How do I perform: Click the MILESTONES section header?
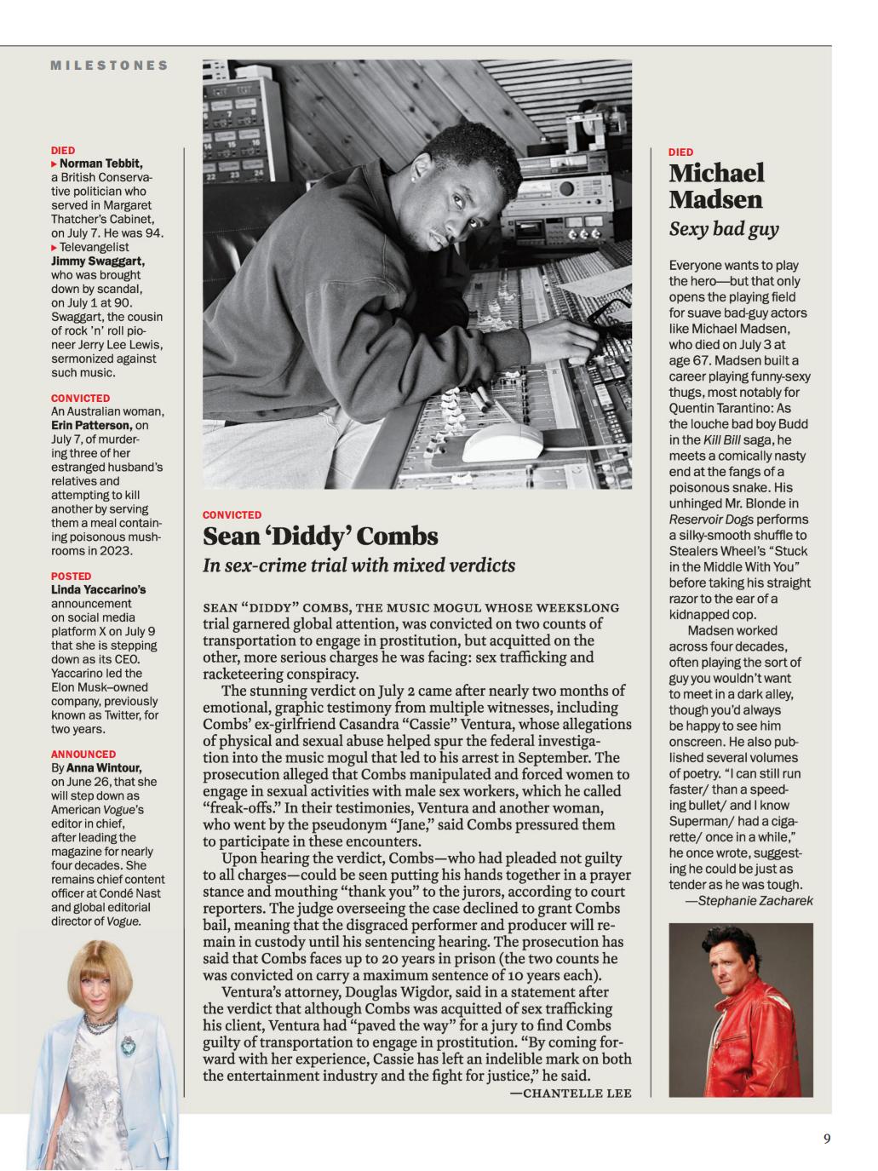click(x=109, y=66)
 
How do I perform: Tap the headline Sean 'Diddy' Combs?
click(x=320, y=537)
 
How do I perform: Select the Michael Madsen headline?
click(x=716, y=186)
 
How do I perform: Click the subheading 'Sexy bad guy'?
click(x=723, y=229)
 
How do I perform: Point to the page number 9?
click(x=826, y=1139)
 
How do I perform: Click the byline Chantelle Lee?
click(x=571, y=1093)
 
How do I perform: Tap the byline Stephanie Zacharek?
click(x=749, y=900)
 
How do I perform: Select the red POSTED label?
click(x=71, y=576)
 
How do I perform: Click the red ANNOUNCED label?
click(x=83, y=754)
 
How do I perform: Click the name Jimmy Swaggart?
click(x=97, y=261)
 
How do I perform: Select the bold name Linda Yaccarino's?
click(x=98, y=589)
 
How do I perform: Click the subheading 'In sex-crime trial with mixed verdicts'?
click(x=359, y=565)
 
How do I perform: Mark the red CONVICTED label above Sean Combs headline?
click(x=232, y=515)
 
